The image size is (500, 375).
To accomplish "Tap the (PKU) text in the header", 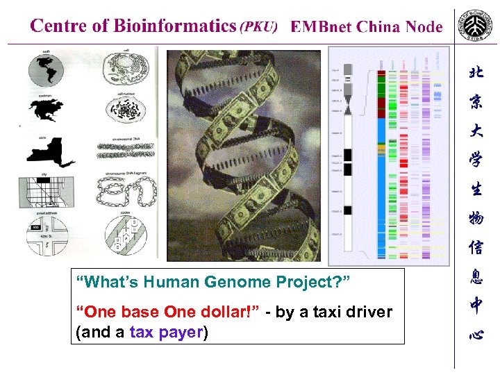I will pyautogui.click(x=258, y=27).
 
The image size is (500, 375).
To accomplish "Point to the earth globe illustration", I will pyautogui.click(x=47, y=70).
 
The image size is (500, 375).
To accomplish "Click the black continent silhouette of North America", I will pyautogui.click(x=47, y=110).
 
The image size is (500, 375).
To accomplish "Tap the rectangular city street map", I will pyautogui.click(x=47, y=191).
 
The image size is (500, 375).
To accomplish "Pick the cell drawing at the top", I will pyautogui.click(x=126, y=70).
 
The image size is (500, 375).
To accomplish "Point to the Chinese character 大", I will pyautogui.click(x=476, y=131).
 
